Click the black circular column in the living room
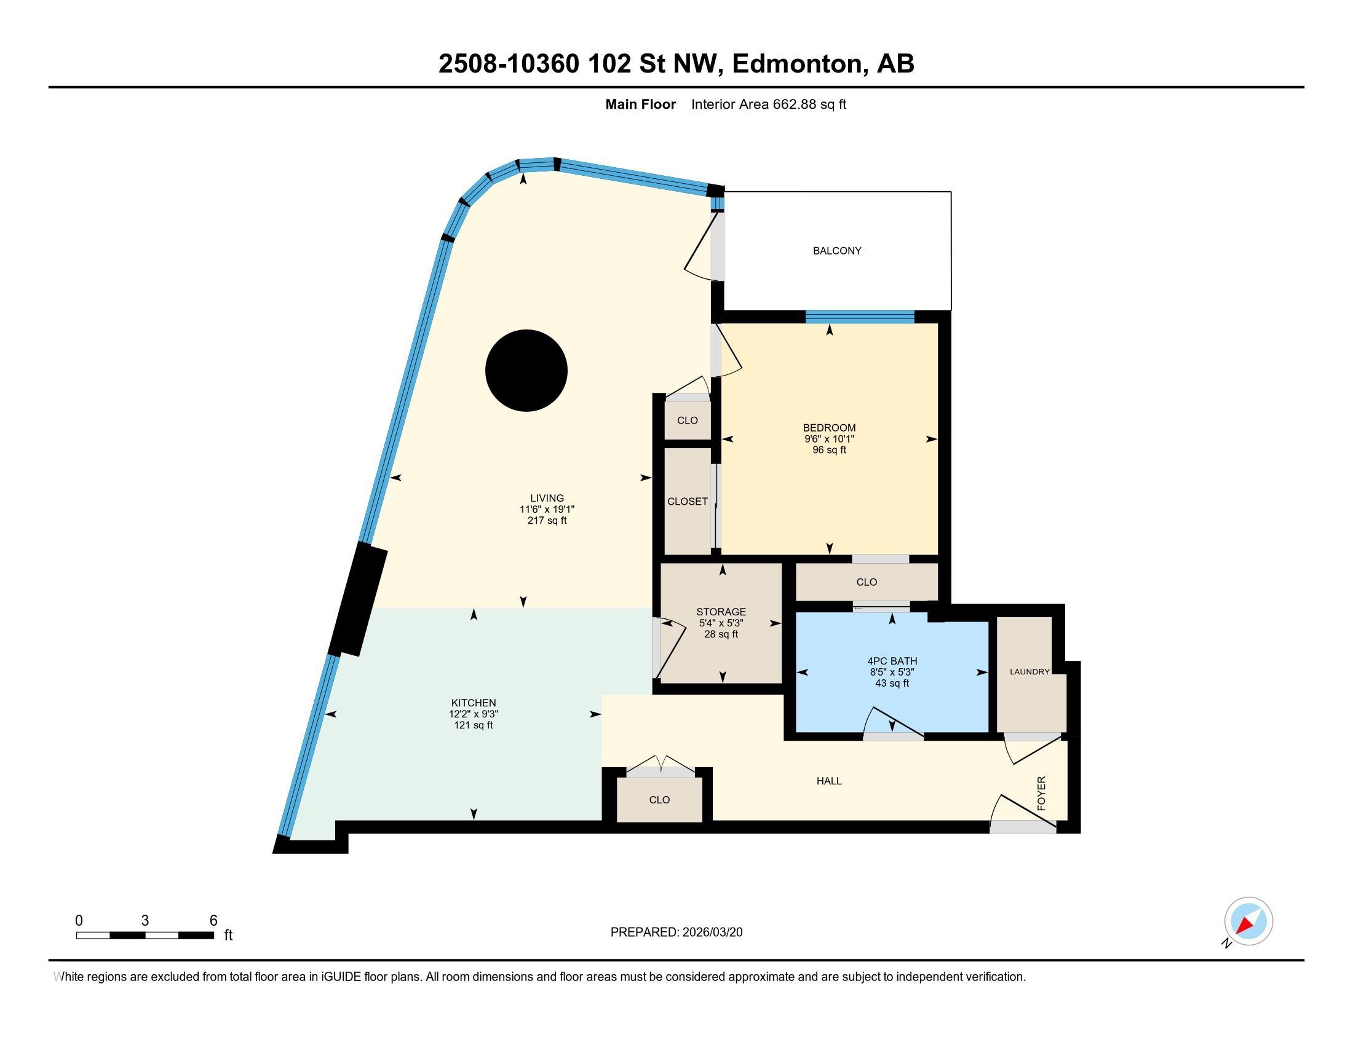coord(526,371)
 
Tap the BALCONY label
coord(837,251)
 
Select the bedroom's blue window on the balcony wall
coord(859,317)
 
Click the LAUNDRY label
coord(1030,672)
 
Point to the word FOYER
coord(1041,793)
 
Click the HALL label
coord(829,781)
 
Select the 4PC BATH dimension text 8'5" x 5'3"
coord(892,672)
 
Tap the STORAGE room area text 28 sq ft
coord(721,634)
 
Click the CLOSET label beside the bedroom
coord(687,502)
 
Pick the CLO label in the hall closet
coord(659,799)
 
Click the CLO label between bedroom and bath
coord(866,582)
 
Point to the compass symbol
coord(1248,921)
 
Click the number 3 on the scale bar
coord(145,921)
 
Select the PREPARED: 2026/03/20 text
coord(676,932)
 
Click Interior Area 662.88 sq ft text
coord(768,104)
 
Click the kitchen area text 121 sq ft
coord(474,725)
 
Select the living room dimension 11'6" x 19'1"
coord(547,509)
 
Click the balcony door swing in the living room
coord(701,248)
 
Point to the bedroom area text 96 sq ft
coord(829,450)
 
